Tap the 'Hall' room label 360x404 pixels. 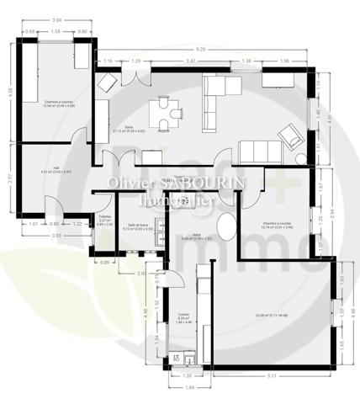55,168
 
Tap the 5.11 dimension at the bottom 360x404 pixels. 273,375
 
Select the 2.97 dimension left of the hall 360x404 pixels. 10,179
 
